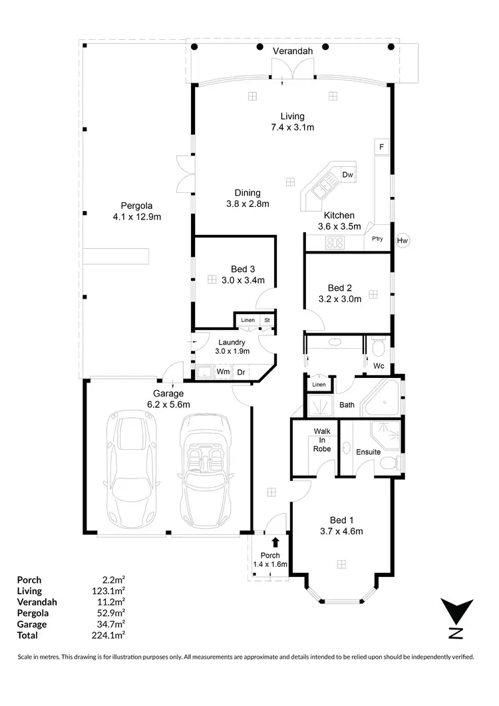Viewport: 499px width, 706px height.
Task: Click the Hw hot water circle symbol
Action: [x=403, y=240]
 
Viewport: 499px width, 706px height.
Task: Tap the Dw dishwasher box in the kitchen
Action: [x=347, y=175]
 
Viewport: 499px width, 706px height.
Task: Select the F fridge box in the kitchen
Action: [x=382, y=146]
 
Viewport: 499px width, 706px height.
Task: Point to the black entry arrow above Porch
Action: [x=276, y=543]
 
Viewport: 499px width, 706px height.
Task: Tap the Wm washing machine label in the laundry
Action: [x=223, y=372]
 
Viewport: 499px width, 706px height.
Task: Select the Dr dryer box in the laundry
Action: [x=241, y=372]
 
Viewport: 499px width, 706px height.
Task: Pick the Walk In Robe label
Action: [x=322, y=440]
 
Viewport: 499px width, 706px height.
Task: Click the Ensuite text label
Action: [x=368, y=452]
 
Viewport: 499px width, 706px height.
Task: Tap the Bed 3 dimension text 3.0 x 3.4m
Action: [x=243, y=280]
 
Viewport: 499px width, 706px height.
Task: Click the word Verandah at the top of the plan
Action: [x=292, y=51]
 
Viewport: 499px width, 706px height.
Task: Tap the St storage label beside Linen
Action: [x=267, y=321]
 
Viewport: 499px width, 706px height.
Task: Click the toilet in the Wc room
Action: [x=379, y=347]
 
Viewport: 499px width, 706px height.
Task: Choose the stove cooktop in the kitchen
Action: [x=334, y=244]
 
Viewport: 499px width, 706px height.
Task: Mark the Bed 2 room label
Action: [x=339, y=288]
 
